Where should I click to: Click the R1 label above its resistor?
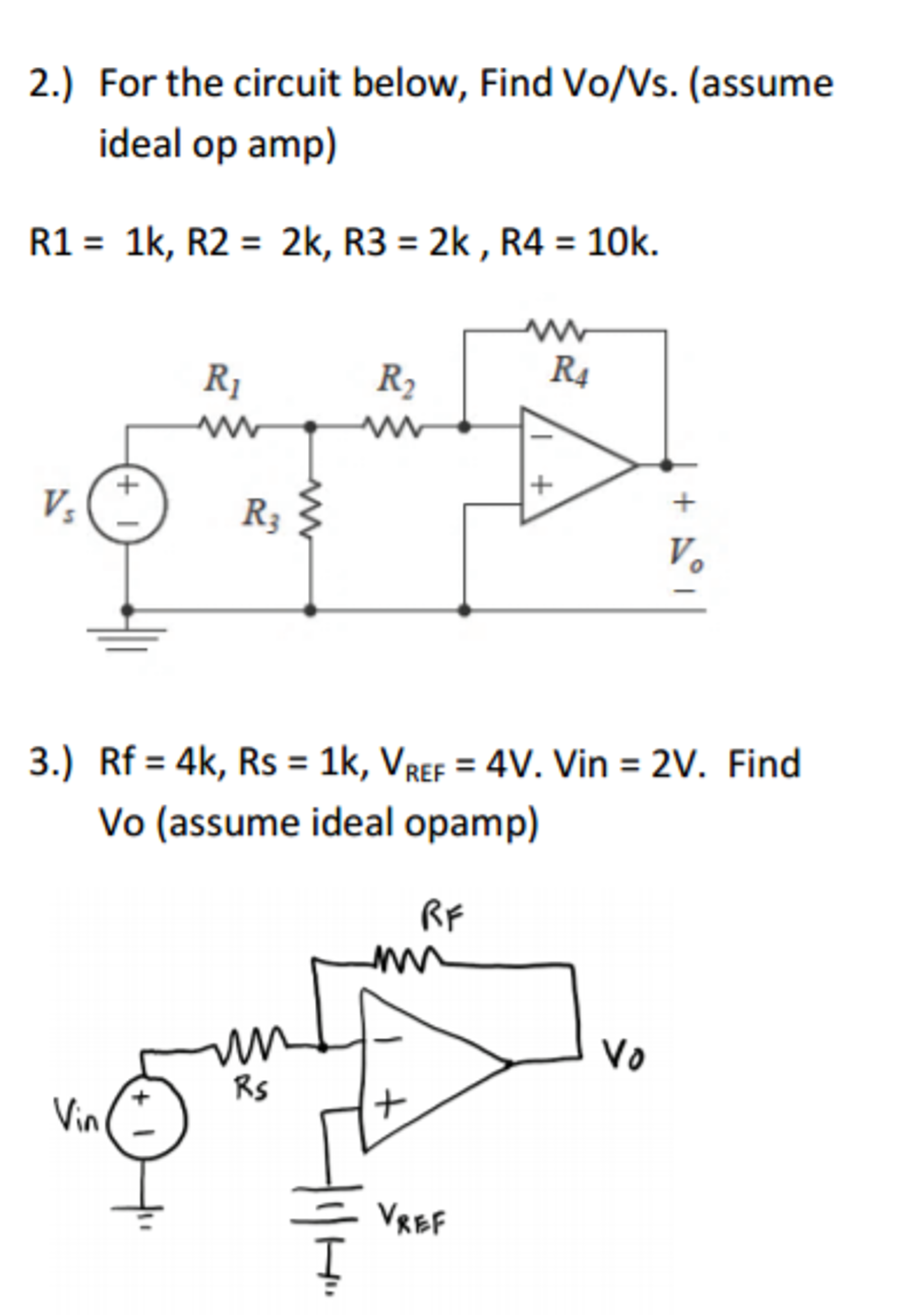[x=222, y=380]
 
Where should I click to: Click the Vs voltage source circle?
[x=127, y=505]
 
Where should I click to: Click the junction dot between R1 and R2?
[x=310, y=425]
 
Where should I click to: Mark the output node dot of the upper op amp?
[x=666, y=464]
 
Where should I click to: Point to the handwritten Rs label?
[x=251, y=1088]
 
